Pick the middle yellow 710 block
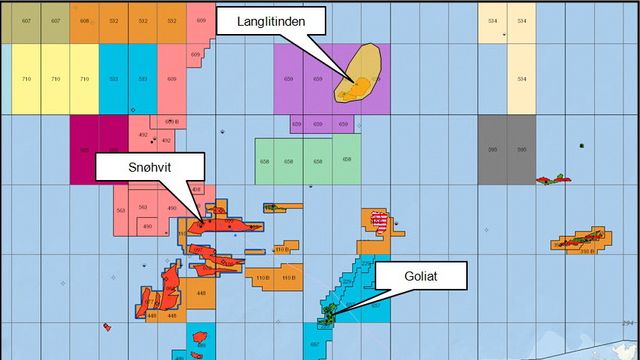pyautogui.click(x=55, y=78)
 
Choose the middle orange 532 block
pyautogui.click(x=143, y=21)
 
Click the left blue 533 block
pyautogui.click(x=114, y=78)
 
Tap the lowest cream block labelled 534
pyautogui.click(x=521, y=78)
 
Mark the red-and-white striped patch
pyautogui.click(x=379, y=219)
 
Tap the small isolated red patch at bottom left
pyautogui.click(x=106, y=326)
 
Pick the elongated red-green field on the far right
pyautogui.click(x=578, y=241)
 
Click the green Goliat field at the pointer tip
pyautogui.click(x=328, y=316)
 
